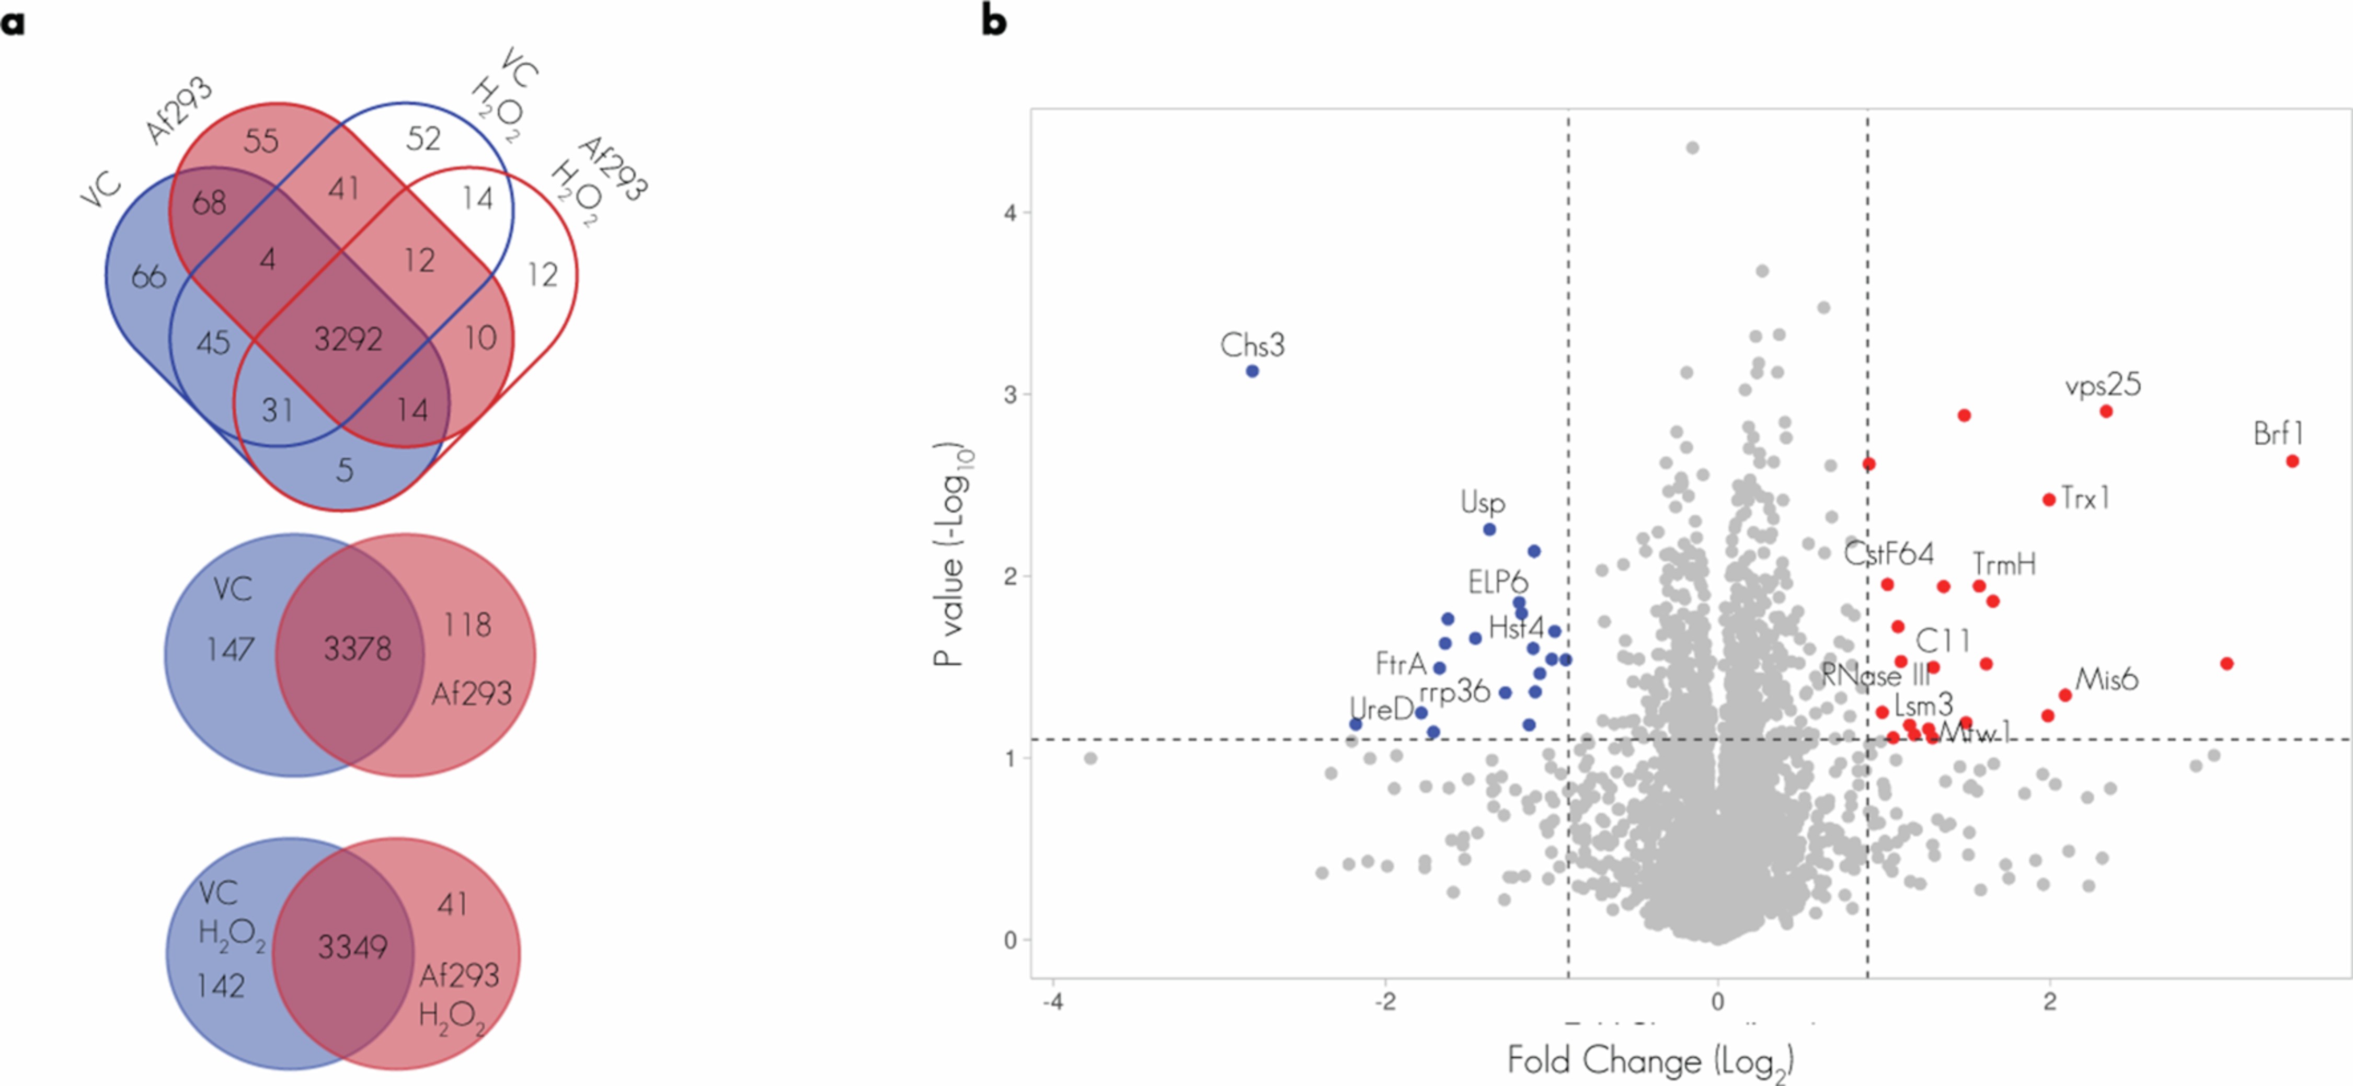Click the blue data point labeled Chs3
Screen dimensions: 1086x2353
[1253, 371]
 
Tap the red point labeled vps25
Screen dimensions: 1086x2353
[2106, 411]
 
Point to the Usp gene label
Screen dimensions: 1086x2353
[1483, 502]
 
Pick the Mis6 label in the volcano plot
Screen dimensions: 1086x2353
[2106, 679]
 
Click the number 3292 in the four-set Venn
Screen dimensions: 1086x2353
[348, 340]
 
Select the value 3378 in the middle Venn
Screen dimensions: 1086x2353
[357, 650]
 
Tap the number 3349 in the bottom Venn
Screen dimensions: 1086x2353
[352, 947]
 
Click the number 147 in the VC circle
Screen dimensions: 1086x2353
[229, 650]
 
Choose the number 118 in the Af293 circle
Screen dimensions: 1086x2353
[467, 626]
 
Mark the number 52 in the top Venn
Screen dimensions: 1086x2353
[423, 139]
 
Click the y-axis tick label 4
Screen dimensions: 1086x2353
[1010, 213]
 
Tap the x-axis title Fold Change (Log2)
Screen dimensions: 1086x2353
[1650, 1061]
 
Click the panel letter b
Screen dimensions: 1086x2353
[994, 20]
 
